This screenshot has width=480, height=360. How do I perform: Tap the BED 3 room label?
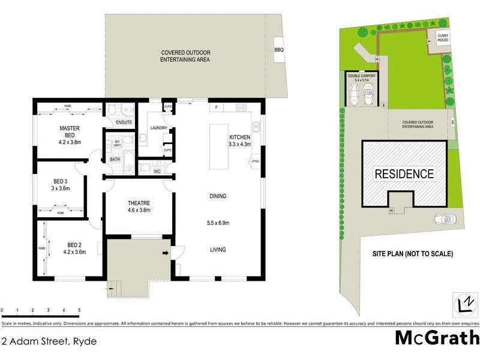coord(60,181)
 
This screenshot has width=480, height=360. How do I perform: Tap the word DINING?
coord(218,196)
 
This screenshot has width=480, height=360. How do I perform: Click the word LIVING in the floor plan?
coord(218,250)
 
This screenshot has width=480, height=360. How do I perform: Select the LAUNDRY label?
coord(159,128)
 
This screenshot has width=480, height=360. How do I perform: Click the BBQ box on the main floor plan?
coord(278,50)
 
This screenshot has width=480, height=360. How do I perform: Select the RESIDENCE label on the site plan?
coord(404,174)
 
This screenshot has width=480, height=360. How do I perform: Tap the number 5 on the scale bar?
coord(79,311)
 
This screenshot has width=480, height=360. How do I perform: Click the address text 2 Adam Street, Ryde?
coord(49,341)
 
